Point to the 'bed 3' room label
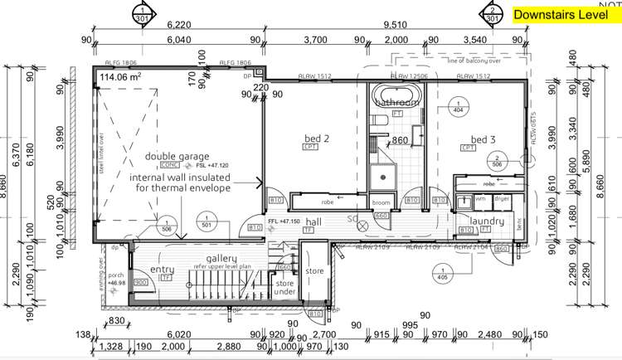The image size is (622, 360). [x=483, y=139]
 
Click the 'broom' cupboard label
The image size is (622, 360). [x=381, y=202]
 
